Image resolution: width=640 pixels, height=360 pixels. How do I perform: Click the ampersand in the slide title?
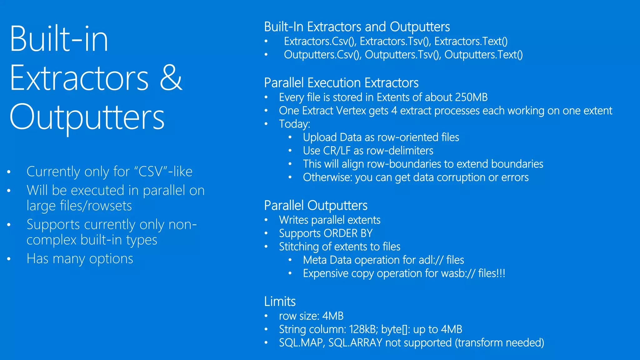coord(171,78)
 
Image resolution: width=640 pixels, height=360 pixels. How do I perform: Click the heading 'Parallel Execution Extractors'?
coord(341,83)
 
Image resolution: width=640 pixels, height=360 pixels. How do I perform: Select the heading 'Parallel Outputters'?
coord(316,206)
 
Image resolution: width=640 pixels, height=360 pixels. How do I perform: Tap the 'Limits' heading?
coord(280,302)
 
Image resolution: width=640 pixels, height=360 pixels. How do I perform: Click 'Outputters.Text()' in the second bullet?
coord(483,55)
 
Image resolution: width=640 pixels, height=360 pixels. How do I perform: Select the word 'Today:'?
coord(294,124)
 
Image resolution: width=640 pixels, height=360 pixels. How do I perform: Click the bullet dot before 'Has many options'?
coord(9,259)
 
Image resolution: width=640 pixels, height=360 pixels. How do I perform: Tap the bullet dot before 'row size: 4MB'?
coord(266,316)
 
